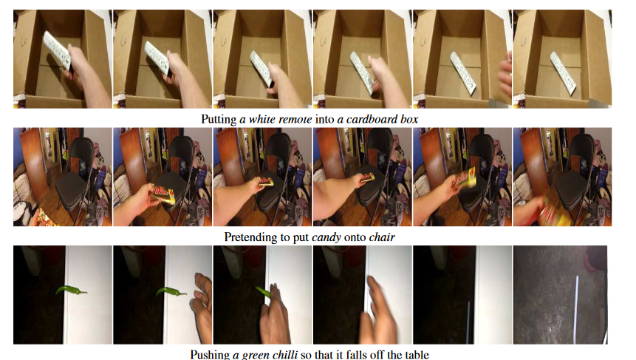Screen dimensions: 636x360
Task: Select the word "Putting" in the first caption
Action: (x=219, y=119)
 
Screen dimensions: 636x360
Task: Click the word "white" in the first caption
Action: (x=261, y=119)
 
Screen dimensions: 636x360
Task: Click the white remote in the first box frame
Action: (x=57, y=50)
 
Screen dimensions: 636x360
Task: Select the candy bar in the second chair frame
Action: (x=164, y=193)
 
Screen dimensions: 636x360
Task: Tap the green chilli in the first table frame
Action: (x=70, y=291)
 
